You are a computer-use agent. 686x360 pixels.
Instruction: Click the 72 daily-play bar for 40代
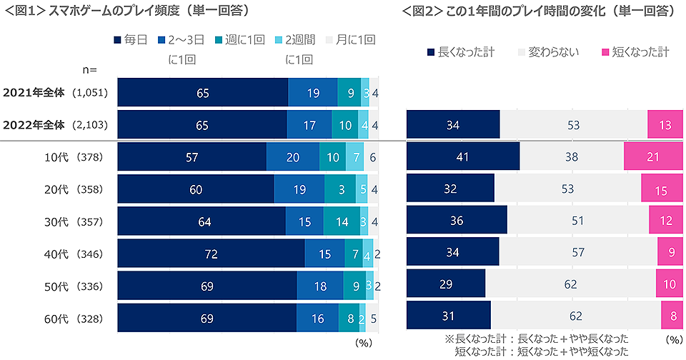[211, 254]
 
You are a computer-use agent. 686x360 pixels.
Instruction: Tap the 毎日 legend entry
[130, 40]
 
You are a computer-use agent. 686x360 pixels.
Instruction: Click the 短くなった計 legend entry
[635, 52]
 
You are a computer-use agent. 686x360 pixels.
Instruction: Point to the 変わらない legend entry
[548, 52]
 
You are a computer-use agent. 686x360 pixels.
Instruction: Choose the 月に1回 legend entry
[350, 40]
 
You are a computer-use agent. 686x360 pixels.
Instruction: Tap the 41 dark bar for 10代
[463, 156]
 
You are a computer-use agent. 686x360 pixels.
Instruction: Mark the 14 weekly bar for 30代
[342, 221]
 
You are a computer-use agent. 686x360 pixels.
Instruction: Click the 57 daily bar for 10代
[192, 157]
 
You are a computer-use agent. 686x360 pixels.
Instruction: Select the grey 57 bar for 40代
[578, 251]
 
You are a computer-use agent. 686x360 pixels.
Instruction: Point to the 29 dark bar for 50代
[446, 284]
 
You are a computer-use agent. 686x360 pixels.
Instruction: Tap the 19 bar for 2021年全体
[312, 92]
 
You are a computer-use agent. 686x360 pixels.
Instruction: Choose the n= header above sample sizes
[89, 69]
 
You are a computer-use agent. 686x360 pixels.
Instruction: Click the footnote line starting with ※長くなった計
[537, 338]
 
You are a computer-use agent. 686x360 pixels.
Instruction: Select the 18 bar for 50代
[319, 286]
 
